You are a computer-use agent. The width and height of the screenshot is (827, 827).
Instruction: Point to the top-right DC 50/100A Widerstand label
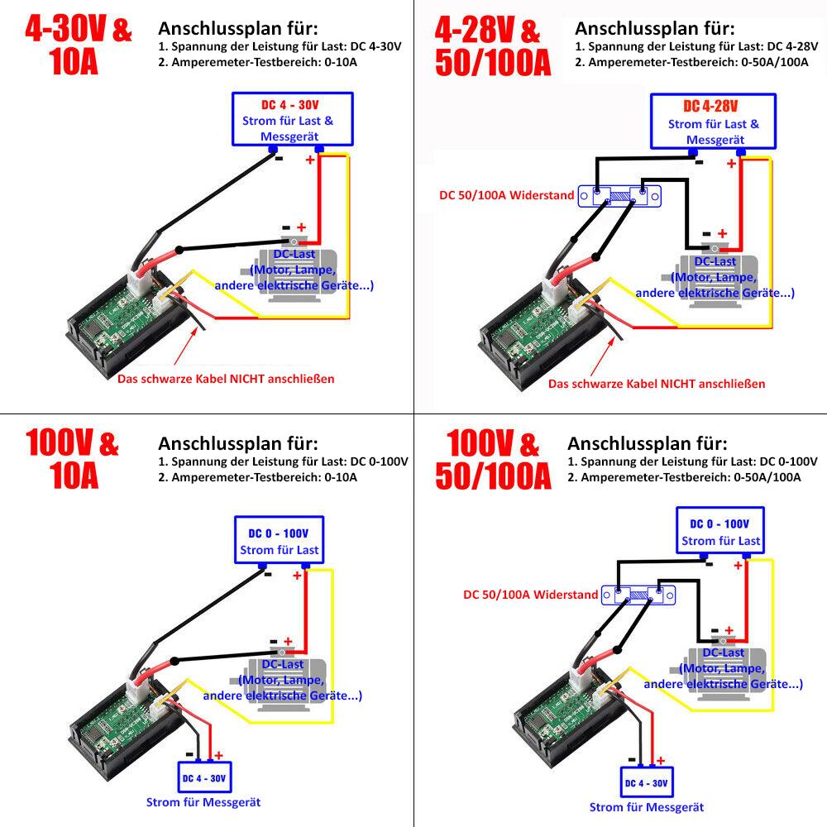click(x=507, y=196)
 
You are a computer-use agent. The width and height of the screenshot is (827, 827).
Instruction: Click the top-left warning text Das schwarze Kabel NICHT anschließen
click(x=226, y=379)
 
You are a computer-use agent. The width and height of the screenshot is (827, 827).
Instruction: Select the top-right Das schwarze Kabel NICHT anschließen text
click(x=657, y=383)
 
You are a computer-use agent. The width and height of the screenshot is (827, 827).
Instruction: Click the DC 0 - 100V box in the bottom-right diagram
click(x=719, y=532)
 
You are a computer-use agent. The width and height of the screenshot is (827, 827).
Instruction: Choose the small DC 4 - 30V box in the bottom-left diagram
click(x=204, y=778)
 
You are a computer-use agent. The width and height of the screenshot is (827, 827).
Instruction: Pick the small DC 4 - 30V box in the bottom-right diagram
click(x=647, y=782)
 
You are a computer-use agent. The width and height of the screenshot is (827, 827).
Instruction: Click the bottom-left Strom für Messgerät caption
click(x=204, y=802)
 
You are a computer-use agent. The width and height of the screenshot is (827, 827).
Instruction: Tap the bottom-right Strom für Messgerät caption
click(x=647, y=807)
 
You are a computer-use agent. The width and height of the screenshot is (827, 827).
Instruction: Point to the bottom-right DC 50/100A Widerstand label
click(x=530, y=595)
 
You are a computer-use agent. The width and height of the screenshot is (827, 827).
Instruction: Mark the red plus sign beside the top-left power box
click(x=310, y=160)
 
